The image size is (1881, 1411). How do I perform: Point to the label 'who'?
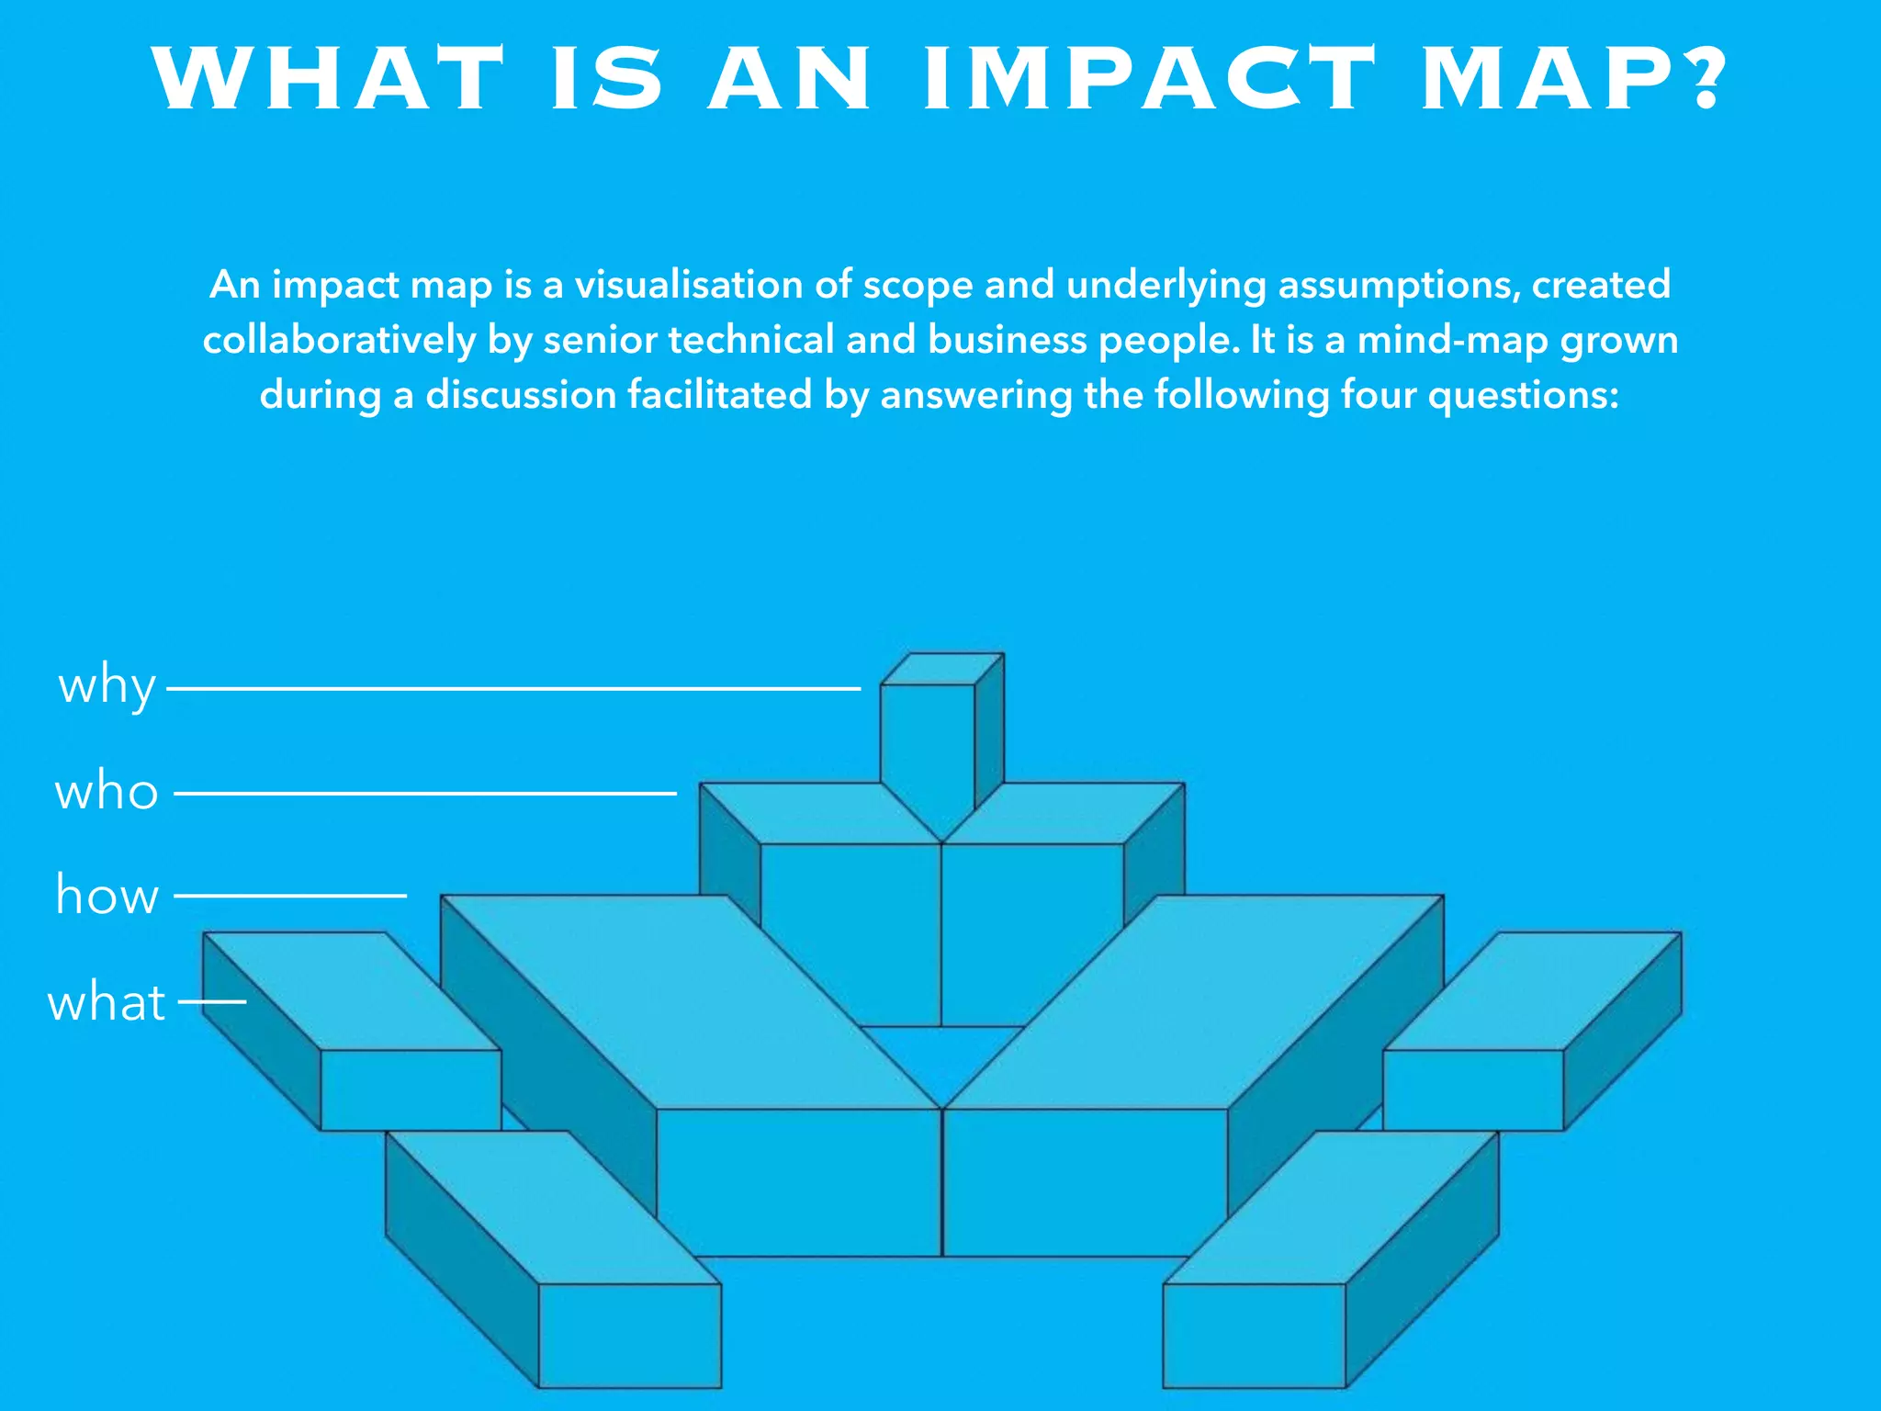[107, 792]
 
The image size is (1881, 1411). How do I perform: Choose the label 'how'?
[107, 896]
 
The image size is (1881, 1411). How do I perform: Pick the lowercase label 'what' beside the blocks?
[107, 1002]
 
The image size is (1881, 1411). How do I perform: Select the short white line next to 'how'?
[290, 895]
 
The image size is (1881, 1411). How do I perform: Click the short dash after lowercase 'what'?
[212, 1001]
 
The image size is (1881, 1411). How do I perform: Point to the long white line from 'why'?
[514, 688]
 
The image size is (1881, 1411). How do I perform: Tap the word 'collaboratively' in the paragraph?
[339, 340]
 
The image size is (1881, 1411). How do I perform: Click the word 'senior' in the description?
[599, 340]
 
